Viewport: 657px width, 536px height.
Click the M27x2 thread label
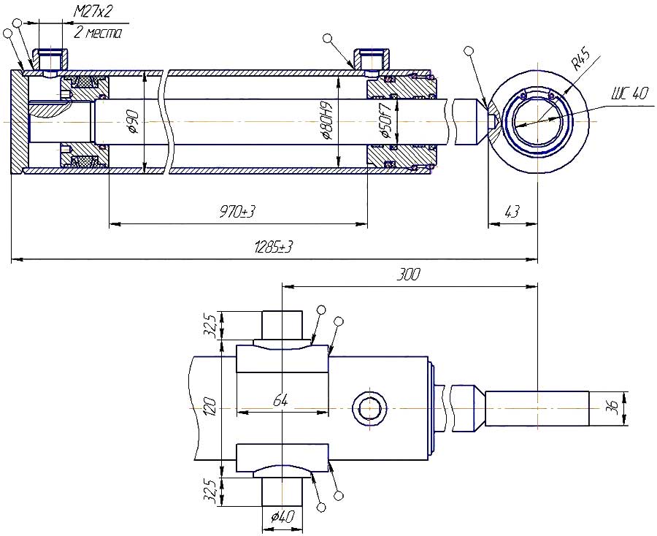click(93, 12)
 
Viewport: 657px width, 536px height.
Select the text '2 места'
click(97, 33)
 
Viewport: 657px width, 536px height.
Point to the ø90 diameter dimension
click(134, 120)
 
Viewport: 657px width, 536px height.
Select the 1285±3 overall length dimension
click(273, 246)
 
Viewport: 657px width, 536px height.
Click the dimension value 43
click(512, 212)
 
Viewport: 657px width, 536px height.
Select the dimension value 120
click(210, 406)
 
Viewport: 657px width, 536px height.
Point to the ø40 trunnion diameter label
click(282, 517)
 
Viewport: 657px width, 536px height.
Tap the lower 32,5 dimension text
click(210, 491)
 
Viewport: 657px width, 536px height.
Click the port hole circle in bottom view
click(369, 407)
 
